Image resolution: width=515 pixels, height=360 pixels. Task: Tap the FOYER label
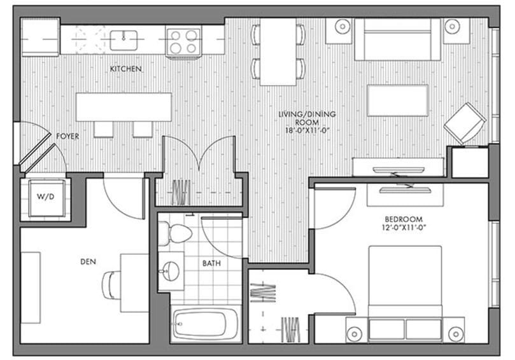point(67,136)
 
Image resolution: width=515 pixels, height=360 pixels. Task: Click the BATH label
point(211,263)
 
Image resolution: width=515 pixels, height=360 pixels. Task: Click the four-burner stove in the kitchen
point(183,40)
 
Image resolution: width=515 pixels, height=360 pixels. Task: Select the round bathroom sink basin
point(171,272)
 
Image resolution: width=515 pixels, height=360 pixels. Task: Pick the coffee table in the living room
point(397,100)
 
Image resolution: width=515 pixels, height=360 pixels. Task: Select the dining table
point(278,51)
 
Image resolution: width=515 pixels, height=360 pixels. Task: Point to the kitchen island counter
point(124,107)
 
